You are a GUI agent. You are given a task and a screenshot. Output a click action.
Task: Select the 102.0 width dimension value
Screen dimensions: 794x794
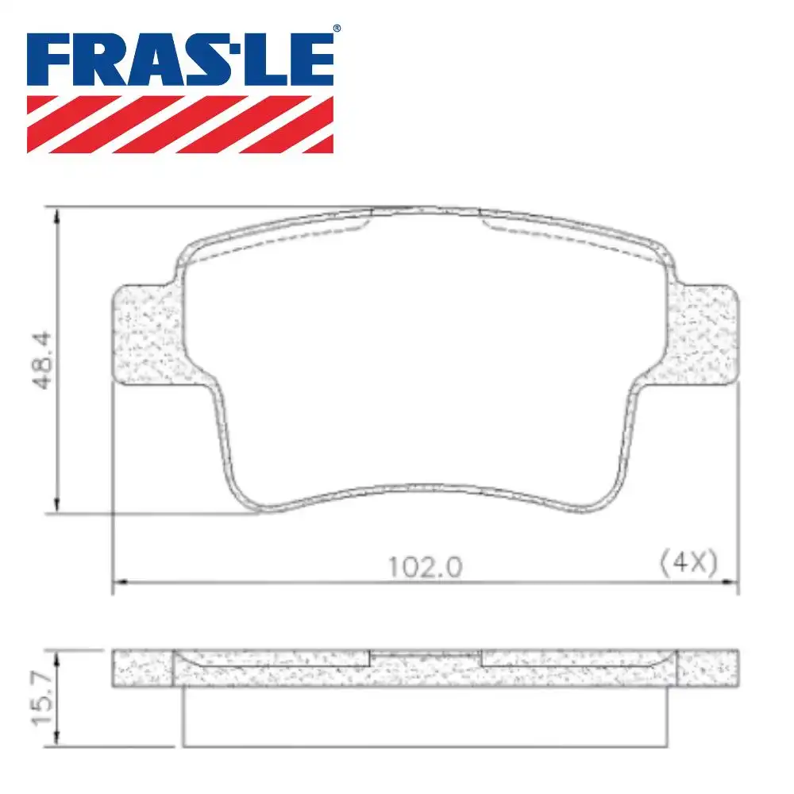[x=425, y=567]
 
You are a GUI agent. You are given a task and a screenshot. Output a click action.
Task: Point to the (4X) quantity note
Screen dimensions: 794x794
[x=688, y=564]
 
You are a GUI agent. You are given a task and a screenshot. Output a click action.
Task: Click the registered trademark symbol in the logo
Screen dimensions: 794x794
[x=337, y=29]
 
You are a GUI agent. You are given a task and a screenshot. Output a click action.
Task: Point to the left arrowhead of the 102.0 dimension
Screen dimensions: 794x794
[x=118, y=584]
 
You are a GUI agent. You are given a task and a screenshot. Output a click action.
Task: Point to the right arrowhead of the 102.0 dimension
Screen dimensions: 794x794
[x=732, y=584]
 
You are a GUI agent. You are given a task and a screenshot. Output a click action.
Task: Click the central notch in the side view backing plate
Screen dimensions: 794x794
[x=426, y=656]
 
